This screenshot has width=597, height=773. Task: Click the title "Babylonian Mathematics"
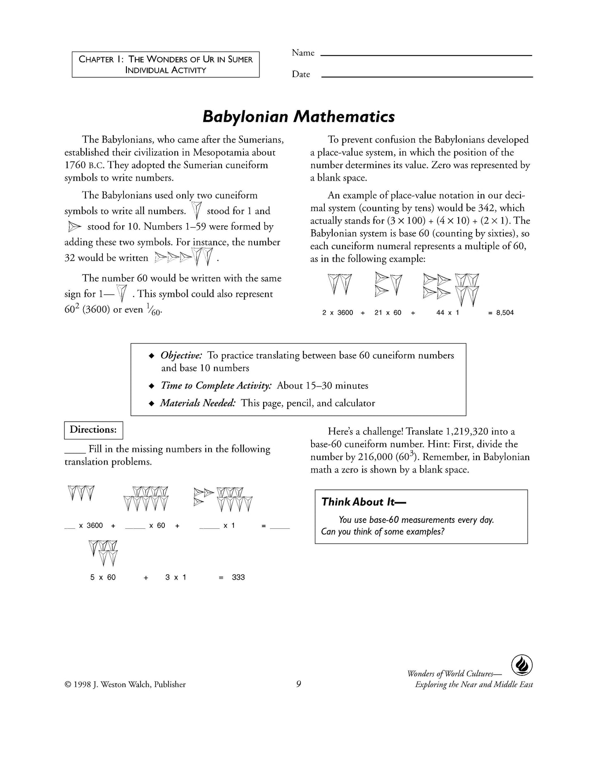[298, 117]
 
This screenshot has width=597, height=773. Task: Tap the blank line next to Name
[426, 55]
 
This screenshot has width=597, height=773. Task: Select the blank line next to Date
[427, 76]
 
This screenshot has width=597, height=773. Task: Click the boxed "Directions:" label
[94, 430]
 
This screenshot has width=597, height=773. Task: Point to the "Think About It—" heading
[364, 502]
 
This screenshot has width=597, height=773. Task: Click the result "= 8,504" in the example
[501, 313]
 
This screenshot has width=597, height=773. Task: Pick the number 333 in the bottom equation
[238, 577]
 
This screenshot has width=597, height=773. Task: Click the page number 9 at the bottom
[298, 685]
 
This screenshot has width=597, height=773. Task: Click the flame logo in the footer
[521, 666]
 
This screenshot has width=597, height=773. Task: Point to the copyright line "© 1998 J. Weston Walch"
[125, 685]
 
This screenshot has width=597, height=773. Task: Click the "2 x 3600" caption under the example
[338, 313]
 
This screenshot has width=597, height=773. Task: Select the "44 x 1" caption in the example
[447, 313]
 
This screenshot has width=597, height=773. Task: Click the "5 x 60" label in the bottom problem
[103, 577]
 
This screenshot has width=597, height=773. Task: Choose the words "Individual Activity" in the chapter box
[166, 70]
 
